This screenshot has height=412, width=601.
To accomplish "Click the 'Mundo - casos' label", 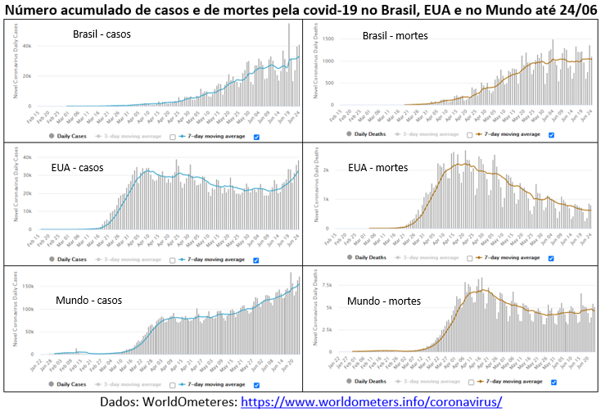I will coord(89,300).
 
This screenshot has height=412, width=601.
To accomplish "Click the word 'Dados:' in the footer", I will coord(124,402).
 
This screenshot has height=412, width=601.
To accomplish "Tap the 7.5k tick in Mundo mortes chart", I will coord(326,285).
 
